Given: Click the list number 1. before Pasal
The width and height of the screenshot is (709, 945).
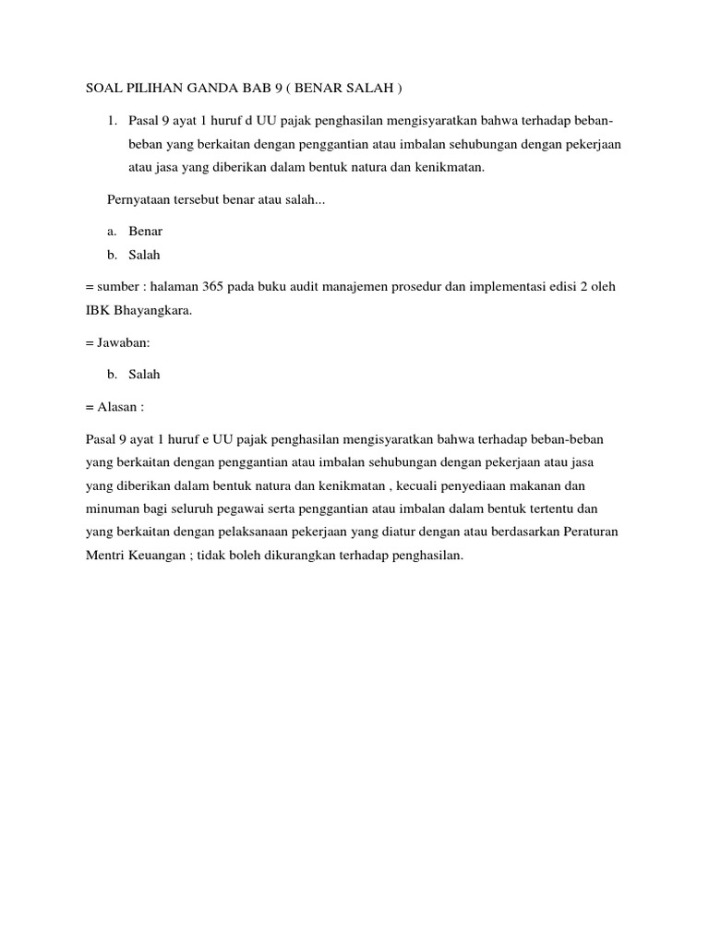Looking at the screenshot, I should point(114,121).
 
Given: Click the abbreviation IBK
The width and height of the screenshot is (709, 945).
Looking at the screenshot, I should point(98,310).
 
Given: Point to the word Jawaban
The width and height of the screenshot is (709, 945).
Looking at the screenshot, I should point(119,342).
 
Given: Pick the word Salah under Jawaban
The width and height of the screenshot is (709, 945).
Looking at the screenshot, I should point(145,374).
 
